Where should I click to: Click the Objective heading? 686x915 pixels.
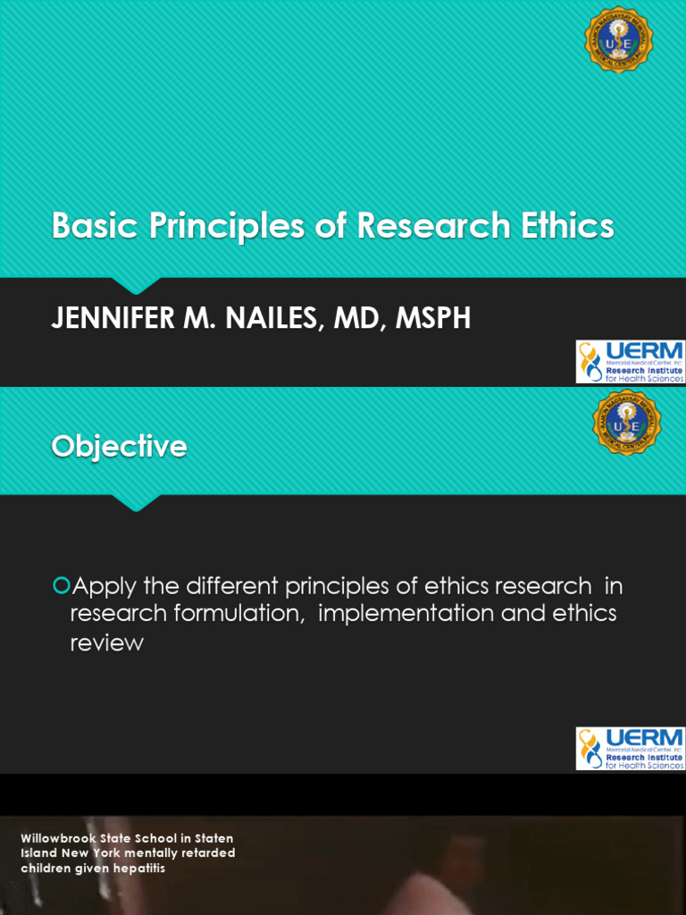tap(119, 446)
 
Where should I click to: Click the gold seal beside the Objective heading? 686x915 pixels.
tap(627, 422)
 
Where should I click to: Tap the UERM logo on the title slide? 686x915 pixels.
tap(630, 362)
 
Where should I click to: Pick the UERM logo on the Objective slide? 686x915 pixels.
tap(630, 749)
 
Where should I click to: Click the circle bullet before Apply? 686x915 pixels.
tap(61, 586)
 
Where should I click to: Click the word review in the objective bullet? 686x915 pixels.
tap(106, 642)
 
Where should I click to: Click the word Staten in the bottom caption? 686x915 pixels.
tap(213, 838)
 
